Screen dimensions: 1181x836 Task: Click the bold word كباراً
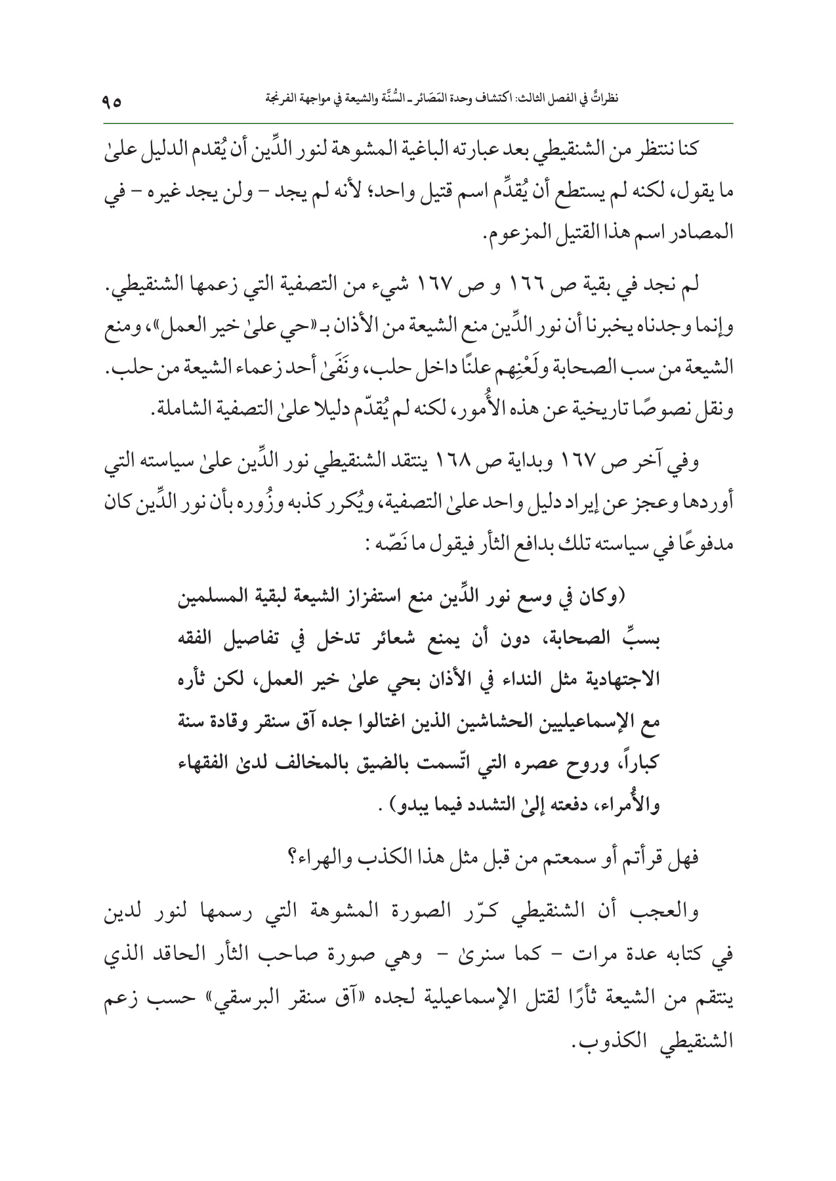click(633, 763)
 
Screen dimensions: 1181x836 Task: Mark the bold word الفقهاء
click(207, 763)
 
